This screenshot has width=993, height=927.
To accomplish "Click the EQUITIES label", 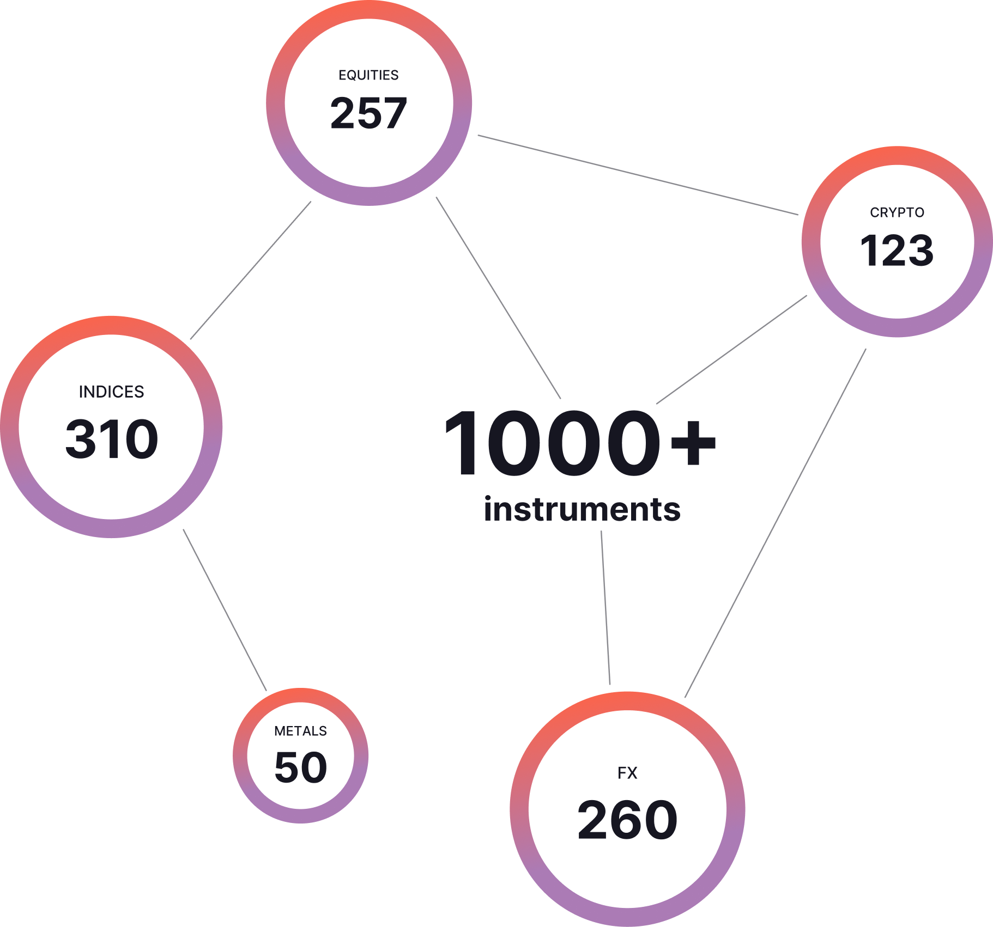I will (368, 75).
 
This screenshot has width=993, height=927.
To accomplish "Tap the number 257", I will (368, 113).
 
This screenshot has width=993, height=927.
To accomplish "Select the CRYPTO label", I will (897, 212).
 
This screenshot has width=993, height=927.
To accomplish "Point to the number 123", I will (897, 251).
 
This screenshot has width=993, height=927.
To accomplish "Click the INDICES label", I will (111, 392).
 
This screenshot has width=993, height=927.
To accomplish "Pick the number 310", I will (112, 439).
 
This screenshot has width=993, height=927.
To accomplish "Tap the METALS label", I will (300, 731).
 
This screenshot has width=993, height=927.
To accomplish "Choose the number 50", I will (301, 767).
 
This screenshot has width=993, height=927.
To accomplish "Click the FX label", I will (627, 773).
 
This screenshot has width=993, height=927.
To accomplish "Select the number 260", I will (627, 820).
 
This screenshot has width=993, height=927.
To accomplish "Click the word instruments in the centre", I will (582, 509).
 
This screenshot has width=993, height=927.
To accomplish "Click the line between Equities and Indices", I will (251, 270).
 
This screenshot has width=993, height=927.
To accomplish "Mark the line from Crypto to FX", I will (775, 523).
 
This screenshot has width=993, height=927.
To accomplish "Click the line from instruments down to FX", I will (606, 607).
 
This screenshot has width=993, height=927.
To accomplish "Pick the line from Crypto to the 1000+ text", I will (731, 350).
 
